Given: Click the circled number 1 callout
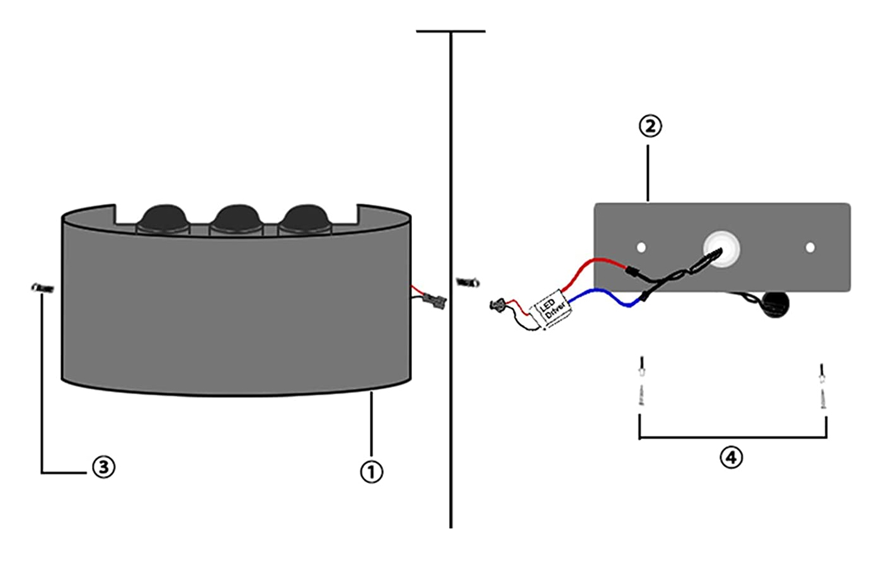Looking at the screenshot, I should pos(371,471).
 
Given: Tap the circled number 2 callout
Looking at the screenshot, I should pos(650,126).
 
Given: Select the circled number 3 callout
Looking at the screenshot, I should pos(104,467).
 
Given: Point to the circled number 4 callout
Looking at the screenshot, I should pos(731,457).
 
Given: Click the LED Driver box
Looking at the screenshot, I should pos(553,308).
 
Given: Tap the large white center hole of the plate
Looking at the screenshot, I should pos(722,247).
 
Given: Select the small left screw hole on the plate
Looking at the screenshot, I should pos(641,247).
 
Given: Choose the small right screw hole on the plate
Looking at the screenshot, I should pos(810,248).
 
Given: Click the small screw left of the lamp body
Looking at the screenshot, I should pos(43,288).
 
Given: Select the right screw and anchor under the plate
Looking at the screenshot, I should pos(822,385).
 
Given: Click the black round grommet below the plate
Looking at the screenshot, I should pos(775,304).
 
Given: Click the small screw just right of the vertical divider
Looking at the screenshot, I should pos(468,283).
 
